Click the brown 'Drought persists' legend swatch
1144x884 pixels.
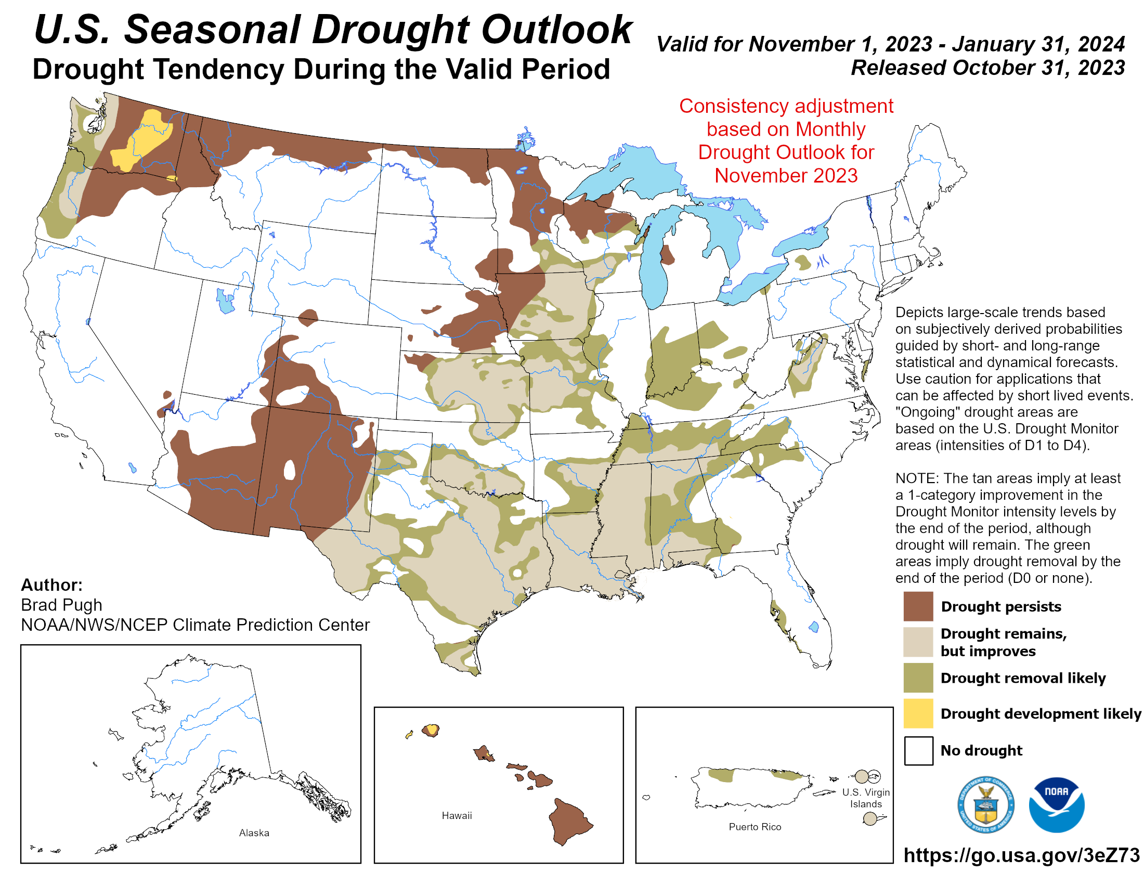click(x=918, y=606)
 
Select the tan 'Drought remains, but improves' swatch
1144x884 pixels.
click(x=918, y=642)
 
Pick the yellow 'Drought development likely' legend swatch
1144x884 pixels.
click(x=918, y=713)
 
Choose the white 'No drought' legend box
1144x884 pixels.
click(x=918, y=750)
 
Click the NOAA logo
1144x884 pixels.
click(x=1056, y=804)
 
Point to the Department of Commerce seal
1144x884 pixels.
click(x=985, y=804)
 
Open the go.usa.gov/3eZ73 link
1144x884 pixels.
click(x=1021, y=855)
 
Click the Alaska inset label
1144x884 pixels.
click(x=254, y=833)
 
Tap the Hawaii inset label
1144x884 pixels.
click(x=456, y=815)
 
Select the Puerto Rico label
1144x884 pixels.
click(x=755, y=826)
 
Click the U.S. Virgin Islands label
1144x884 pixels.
click(x=865, y=798)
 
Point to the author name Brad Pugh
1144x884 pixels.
click(x=61, y=605)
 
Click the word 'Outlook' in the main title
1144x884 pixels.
click(x=556, y=30)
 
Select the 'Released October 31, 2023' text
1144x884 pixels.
click(x=987, y=68)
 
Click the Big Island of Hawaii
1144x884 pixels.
click(x=569, y=820)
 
